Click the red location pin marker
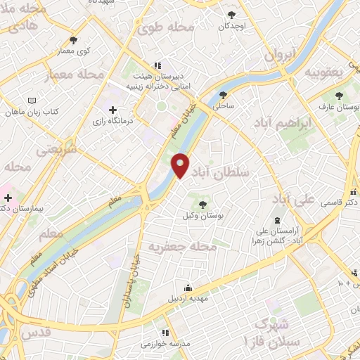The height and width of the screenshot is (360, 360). click(x=180, y=165)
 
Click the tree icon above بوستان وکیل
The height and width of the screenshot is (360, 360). click(x=203, y=205)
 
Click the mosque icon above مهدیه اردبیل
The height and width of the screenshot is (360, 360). click(x=188, y=287)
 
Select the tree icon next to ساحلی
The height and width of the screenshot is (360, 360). click(x=224, y=94)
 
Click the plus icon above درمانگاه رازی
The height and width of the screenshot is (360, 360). click(x=112, y=110)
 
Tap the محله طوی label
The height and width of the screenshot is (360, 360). click(x=165, y=28)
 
